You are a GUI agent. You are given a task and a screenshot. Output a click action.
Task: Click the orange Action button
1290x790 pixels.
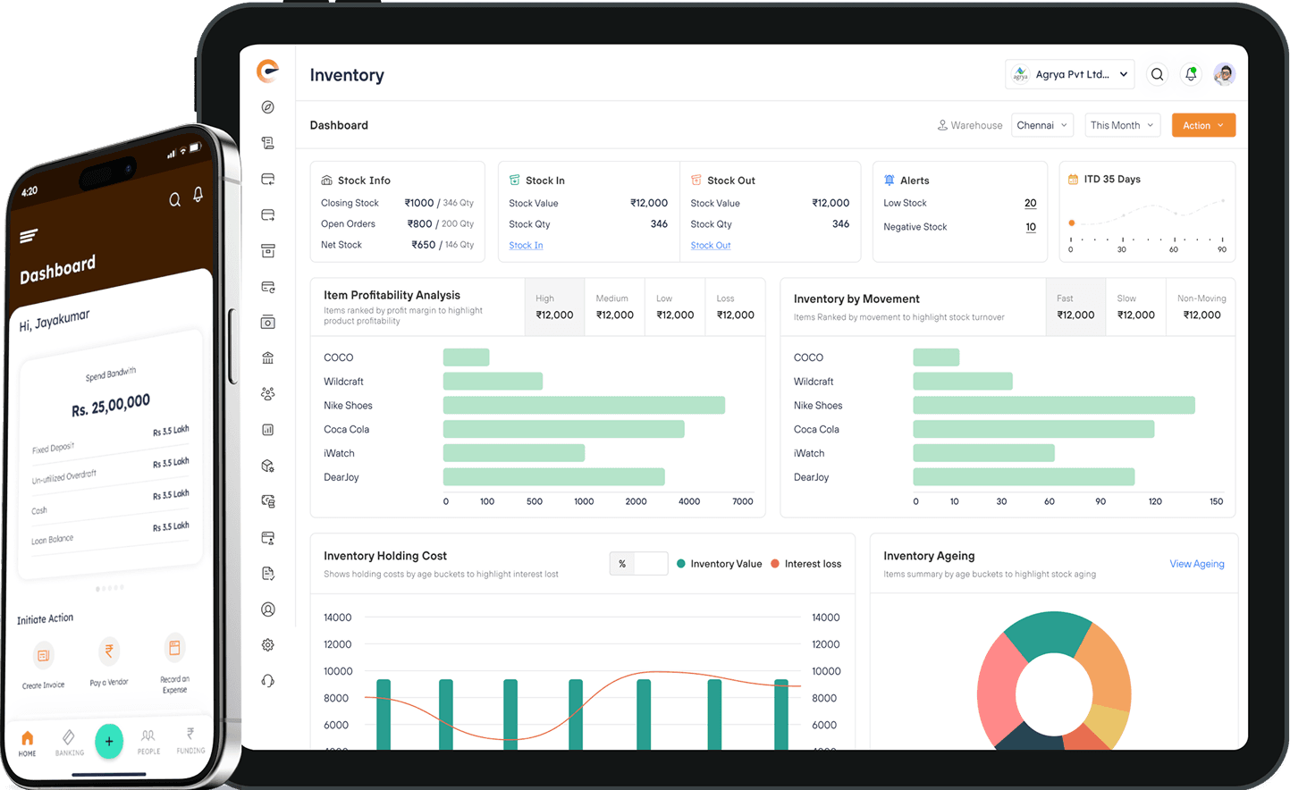point(1203,125)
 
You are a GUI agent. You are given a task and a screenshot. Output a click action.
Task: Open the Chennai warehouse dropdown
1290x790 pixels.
point(1042,125)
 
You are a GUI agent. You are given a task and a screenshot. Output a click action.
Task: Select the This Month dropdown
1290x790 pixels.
point(1122,125)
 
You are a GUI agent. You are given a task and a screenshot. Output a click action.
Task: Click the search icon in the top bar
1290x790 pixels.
point(1157,75)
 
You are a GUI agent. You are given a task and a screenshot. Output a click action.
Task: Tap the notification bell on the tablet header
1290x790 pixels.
point(1191,75)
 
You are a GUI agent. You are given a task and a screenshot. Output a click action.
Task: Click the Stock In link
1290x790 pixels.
point(526,246)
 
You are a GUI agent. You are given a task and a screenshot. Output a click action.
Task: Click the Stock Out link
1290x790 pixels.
point(711,246)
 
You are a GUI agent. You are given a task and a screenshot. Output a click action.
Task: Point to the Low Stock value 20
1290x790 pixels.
point(1030,204)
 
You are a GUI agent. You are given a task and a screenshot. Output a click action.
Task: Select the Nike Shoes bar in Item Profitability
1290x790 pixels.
point(584,406)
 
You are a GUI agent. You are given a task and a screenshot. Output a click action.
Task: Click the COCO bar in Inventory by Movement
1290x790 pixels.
point(936,357)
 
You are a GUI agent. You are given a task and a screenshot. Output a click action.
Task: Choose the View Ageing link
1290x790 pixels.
point(1196,564)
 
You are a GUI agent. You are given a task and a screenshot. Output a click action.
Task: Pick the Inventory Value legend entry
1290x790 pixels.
point(720,564)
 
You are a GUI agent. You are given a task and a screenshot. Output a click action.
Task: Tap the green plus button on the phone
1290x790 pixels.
point(109,741)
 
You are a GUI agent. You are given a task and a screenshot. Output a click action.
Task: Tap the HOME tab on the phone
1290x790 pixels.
point(28,742)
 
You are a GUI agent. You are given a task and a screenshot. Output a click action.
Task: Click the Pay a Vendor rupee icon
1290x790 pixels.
point(109,651)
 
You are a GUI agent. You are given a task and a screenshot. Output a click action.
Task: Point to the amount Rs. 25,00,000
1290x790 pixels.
point(111,405)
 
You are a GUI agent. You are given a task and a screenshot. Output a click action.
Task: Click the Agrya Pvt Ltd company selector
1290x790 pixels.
point(1070,75)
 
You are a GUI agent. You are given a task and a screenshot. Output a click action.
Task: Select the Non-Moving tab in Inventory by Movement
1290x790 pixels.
point(1201,307)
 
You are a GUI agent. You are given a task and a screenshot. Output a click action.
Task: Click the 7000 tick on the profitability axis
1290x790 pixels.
point(743,501)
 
